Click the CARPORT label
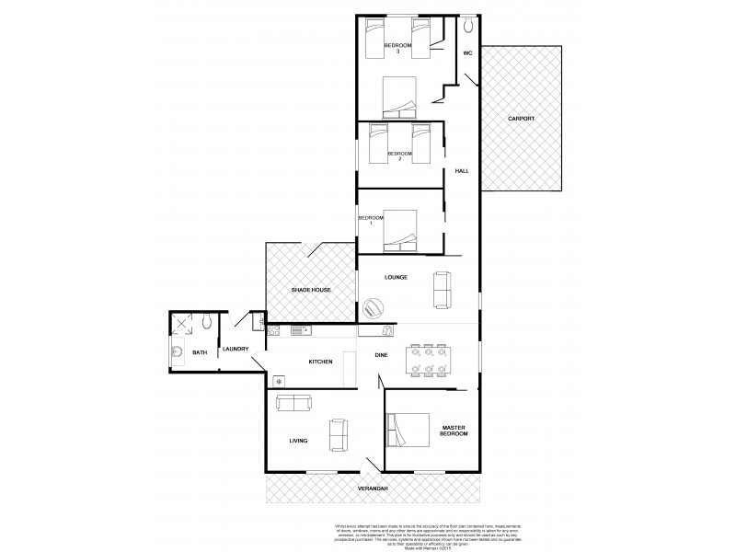pos(521,120)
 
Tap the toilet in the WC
pos(467,23)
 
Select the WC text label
pos(467,53)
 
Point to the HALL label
pos(462,171)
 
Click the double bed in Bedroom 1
pos(400,230)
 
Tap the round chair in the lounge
pos(374,306)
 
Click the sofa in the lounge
pos(442,291)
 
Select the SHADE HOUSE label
pos(310,290)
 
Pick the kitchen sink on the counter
pos(298,329)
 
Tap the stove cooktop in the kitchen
pos(278,379)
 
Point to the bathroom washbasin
pos(175,351)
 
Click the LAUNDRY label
pos(236,349)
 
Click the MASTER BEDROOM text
pos(454,431)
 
